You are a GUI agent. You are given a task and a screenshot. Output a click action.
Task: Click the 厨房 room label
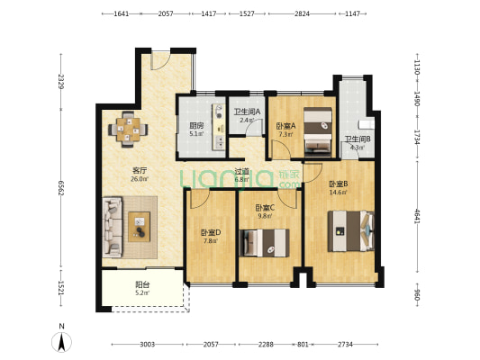[x=195, y=126]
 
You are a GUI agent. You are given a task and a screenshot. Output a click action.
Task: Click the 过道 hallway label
[x=240, y=171]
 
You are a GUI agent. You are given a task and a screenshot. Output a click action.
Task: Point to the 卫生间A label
[x=247, y=112]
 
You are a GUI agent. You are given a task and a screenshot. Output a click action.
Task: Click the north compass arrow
[x=60, y=340]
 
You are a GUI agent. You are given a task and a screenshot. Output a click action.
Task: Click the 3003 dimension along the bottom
[x=148, y=345]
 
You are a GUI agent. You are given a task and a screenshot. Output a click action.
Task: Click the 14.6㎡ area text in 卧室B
[x=338, y=192]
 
